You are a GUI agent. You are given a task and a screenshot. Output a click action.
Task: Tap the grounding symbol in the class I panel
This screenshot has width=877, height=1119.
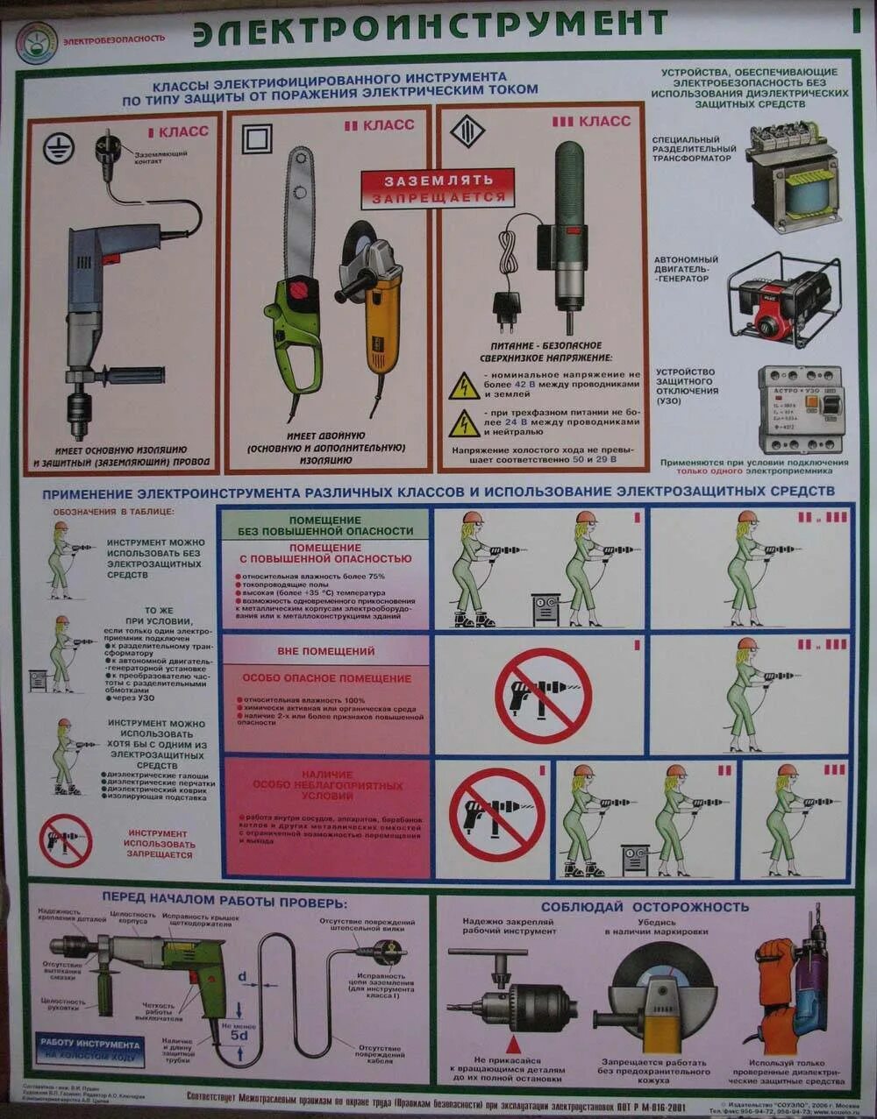click(x=59, y=148)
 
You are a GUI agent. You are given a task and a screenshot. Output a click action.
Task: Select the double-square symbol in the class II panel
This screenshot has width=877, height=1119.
click(x=257, y=138)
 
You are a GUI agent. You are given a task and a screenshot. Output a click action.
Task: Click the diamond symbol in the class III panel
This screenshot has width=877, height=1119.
click(x=467, y=131)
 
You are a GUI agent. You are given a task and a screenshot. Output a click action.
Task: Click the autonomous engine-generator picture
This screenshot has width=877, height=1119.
click(x=783, y=300)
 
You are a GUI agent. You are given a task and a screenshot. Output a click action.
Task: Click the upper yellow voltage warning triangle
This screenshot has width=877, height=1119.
click(x=464, y=386)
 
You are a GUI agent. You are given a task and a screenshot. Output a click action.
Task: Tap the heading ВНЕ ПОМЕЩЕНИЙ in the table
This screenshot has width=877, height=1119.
click(x=325, y=651)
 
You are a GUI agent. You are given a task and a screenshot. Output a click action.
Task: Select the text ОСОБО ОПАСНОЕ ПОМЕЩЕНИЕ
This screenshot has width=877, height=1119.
click(x=326, y=678)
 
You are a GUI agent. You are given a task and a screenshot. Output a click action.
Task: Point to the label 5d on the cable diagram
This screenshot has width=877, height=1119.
click(x=239, y=1035)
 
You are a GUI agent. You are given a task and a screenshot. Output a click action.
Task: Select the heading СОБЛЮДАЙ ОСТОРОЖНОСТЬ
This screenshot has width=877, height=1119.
click(x=645, y=906)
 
